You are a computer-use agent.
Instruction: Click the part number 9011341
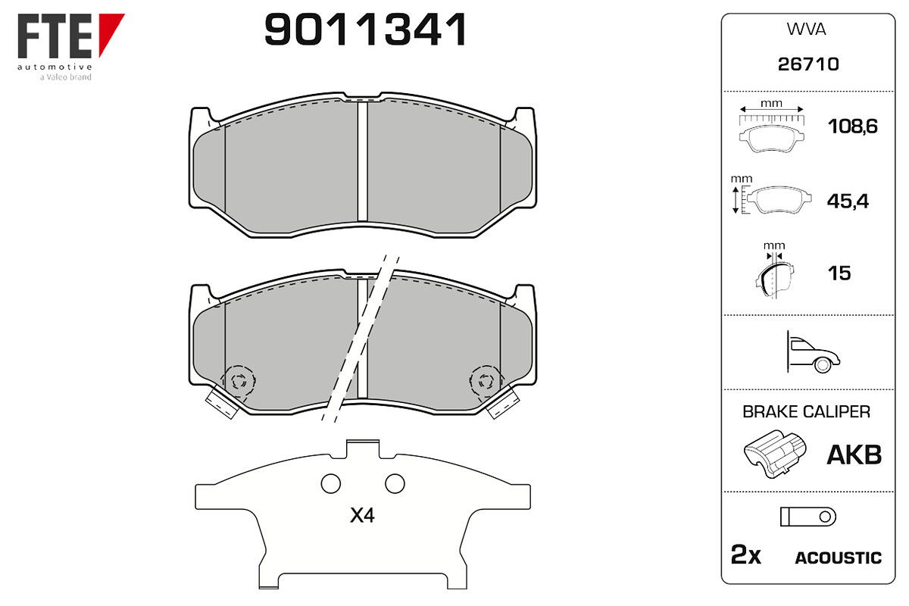[365, 30]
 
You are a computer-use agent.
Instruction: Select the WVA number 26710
[808, 64]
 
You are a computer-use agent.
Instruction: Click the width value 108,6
[853, 127]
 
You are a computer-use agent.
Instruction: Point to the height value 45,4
[848, 201]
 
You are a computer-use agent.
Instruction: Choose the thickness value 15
[839, 273]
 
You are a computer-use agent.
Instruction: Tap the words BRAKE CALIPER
[806, 411]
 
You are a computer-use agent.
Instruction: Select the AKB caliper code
[854, 455]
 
